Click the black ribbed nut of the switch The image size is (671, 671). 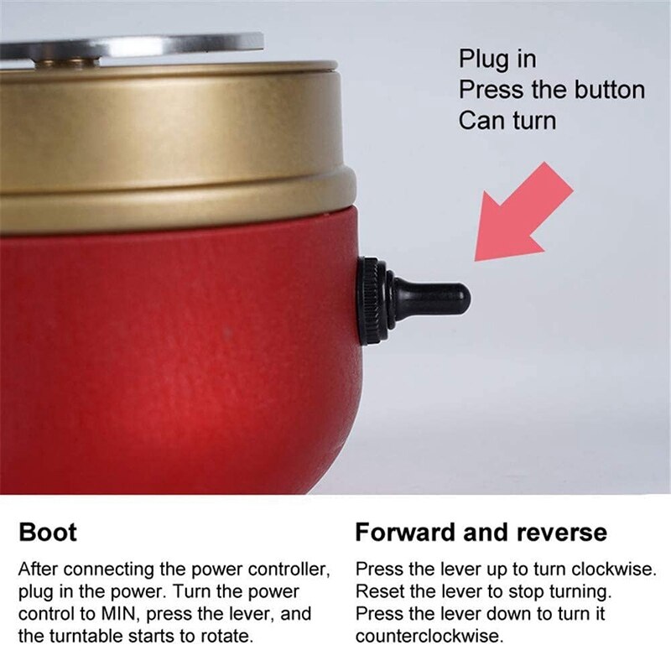(369, 300)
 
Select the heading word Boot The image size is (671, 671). (47, 532)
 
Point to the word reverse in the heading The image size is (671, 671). (557, 532)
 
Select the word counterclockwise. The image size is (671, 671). (429, 636)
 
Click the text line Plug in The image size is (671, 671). (497, 60)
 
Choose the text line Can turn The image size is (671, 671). (507, 120)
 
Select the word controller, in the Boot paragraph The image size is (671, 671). (280, 569)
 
